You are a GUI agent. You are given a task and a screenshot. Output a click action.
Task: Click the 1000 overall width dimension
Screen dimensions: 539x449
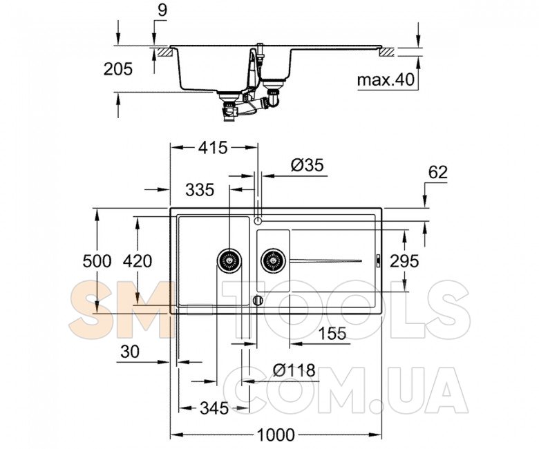pyautogui.click(x=276, y=434)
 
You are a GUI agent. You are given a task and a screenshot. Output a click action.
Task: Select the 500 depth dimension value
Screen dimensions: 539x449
pyautogui.click(x=97, y=261)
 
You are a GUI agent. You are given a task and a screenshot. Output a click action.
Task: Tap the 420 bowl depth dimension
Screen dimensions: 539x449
pyautogui.click(x=138, y=261)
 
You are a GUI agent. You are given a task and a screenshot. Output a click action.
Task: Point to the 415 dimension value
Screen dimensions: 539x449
pyautogui.click(x=213, y=148)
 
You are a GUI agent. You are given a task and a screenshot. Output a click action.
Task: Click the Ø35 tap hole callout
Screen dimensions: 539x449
pyautogui.click(x=308, y=165)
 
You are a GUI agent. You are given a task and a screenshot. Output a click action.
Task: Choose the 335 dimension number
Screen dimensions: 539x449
pyautogui.click(x=200, y=190)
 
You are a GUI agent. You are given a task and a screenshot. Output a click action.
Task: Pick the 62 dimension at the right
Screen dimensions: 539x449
pyautogui.click(x=438, y=172)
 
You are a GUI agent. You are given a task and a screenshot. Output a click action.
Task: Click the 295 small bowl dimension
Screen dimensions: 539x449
pyautogui.click(x=404, y=261)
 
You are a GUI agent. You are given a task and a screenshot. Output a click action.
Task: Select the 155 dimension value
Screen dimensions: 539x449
pyautogui.click(x=332, y=333)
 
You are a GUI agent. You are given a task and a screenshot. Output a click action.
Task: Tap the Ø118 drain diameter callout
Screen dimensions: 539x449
pyautogui.click(x=294, y=370)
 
